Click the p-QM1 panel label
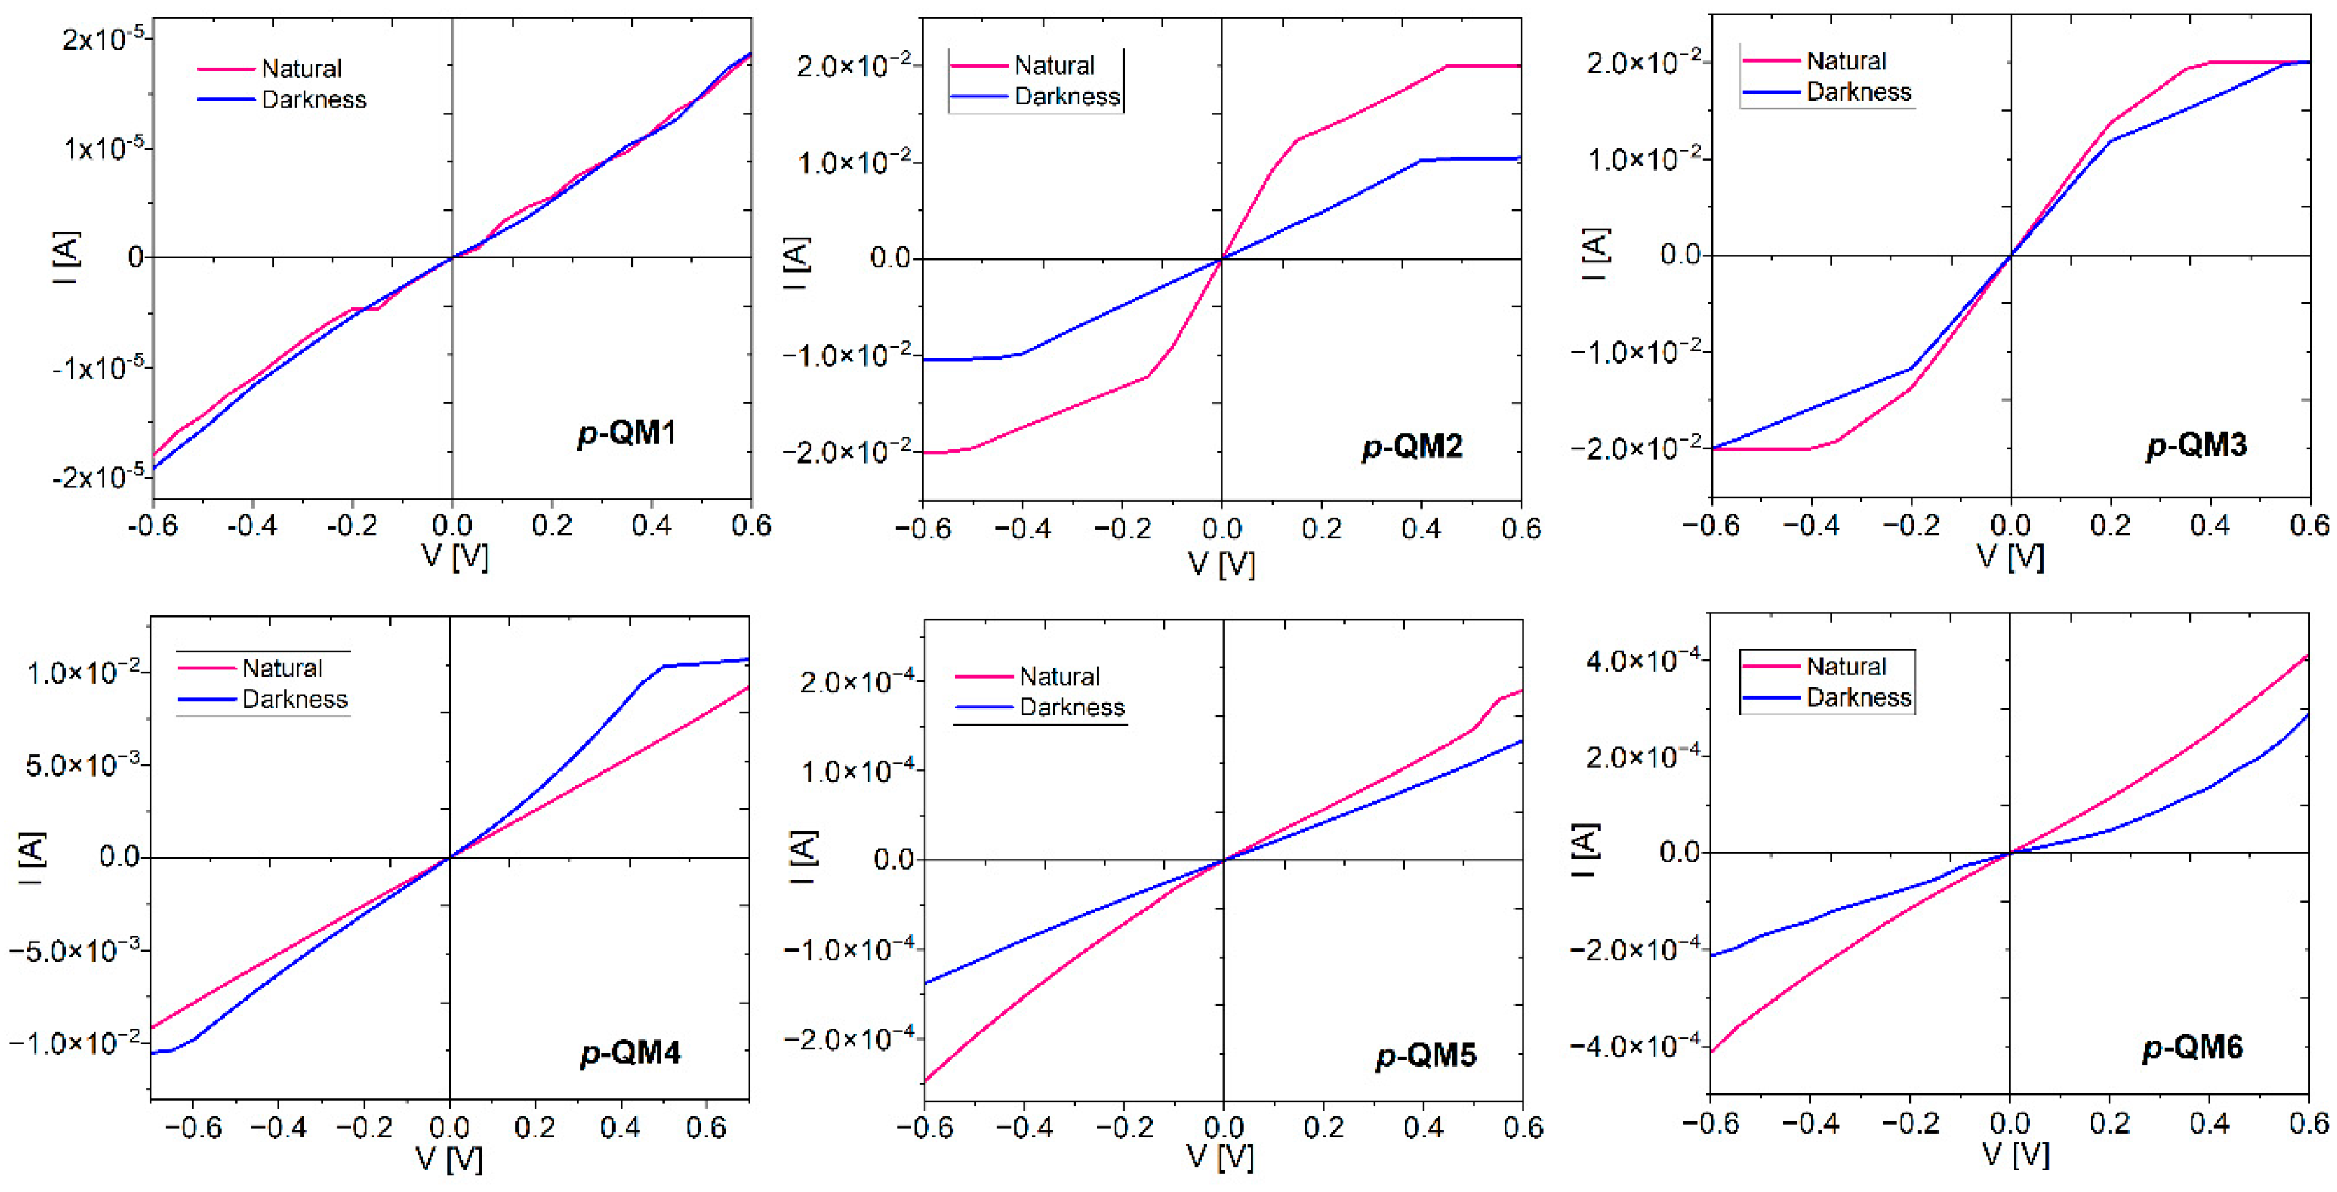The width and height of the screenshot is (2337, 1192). coord(627,433)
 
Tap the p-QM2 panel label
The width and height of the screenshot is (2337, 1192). coord(1413,446)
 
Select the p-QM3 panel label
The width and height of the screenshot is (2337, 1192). coord(2197,445)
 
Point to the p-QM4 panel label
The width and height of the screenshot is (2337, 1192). coord(631,1053)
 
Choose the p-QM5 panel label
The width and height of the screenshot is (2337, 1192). coord(1426,1055)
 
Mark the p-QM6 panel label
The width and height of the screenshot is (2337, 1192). coord(2193,1048)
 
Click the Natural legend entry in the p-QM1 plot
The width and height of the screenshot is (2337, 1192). coord(300,69)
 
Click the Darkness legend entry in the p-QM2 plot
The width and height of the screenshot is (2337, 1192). coord(1066,96)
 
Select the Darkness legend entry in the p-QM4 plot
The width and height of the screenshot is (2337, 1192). coord(294,700)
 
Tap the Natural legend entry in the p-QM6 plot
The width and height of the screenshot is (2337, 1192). coord(1845,667)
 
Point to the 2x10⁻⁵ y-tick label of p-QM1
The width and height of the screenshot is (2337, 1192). coord(102,39)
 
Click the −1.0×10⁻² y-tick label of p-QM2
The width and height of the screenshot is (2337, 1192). coord(847,355)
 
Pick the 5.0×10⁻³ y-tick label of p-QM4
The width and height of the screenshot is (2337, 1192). coord(84,764)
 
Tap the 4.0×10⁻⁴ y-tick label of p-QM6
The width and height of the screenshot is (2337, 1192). coord(1642,659)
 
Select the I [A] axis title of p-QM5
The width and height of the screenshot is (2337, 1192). coord(803,857)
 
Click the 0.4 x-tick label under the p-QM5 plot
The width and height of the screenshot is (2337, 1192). coord(1423,1128)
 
